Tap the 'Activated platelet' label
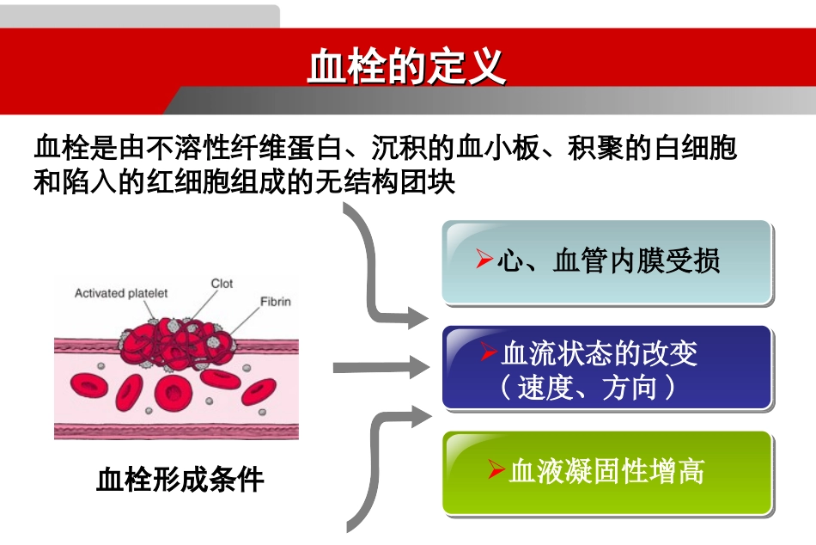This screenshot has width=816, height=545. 121,293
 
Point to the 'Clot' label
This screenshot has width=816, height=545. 222,284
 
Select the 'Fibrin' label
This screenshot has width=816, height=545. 276,302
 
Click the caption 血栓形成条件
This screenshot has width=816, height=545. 180,479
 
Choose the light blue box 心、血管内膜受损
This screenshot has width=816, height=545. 607,261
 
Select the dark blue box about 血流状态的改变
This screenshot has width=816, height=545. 607,367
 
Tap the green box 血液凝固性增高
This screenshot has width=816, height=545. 607,473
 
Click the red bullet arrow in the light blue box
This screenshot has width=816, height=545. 484,259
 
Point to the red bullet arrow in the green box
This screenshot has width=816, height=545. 495,469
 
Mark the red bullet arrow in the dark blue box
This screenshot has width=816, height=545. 489,352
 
